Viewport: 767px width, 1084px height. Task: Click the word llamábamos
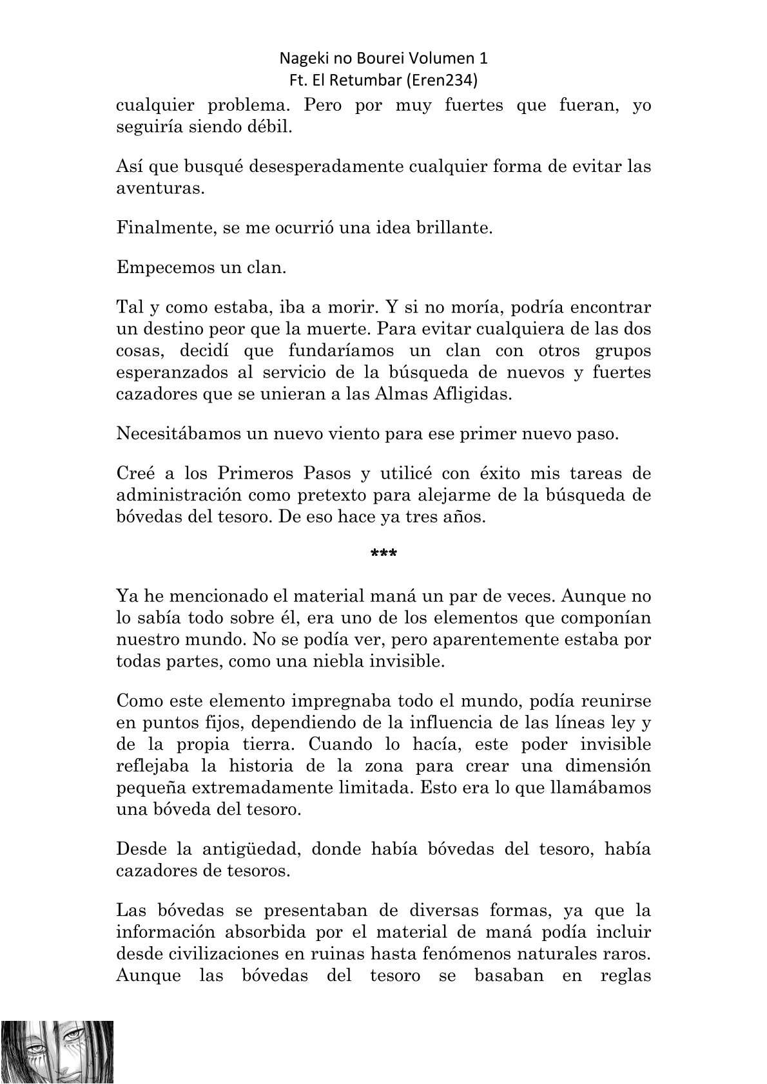[599, 788]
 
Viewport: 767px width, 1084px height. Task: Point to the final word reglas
[625, 975]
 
